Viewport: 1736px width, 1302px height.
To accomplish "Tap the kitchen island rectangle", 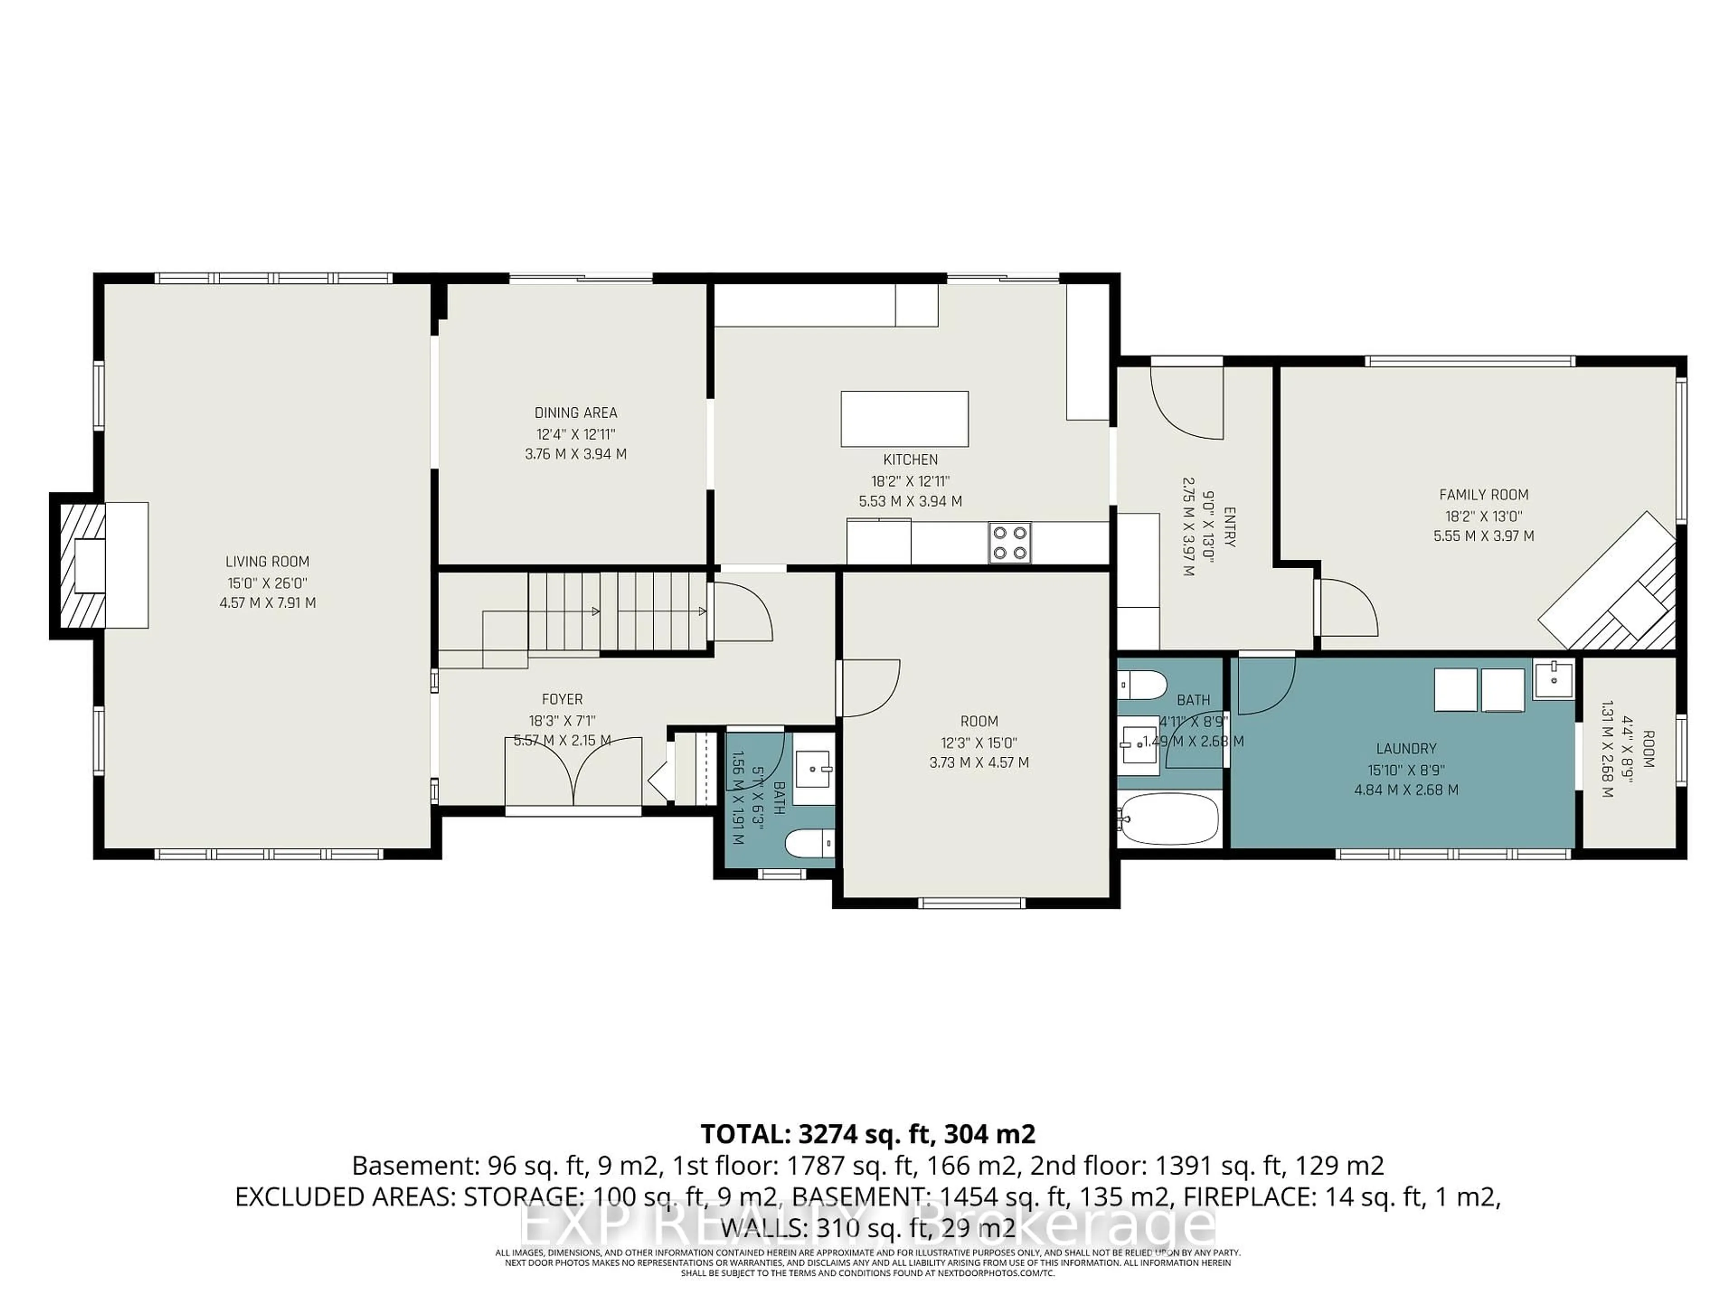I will coord(904,419).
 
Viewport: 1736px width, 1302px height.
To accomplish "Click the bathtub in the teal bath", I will coord(1169,819).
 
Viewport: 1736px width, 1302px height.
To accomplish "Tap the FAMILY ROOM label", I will coord(1483,495).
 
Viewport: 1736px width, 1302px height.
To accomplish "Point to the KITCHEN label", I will coord(910,460).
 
